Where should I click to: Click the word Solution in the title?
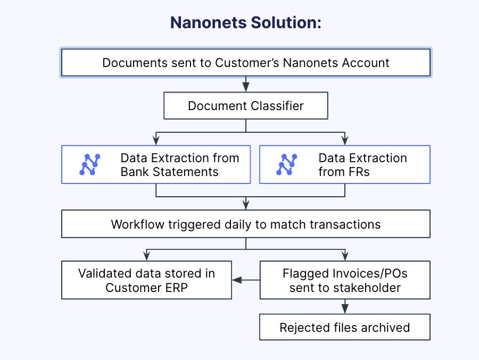point(285,23)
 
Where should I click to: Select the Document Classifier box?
point(245,106)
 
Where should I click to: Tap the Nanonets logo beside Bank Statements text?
point(90,165)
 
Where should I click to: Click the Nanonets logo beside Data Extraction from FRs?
point(287,165)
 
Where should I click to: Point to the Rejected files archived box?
point(344,327)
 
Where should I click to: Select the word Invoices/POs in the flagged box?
point(367,274)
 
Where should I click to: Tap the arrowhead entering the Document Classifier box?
point(245,87)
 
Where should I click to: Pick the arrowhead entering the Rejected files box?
point(345,309)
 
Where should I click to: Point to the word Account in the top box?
point(366,63)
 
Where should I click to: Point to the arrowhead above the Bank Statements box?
point(155,140)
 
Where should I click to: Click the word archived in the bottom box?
point(384,327)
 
